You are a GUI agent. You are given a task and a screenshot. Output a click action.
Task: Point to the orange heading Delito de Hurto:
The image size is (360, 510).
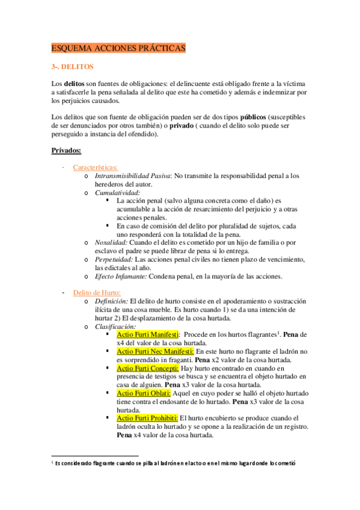[96, 292]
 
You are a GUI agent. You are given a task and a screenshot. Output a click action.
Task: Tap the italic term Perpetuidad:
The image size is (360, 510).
[115, 259]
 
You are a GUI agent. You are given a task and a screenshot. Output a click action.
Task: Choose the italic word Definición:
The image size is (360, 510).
[111, 301]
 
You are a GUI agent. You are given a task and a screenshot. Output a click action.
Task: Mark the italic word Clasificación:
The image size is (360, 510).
[116, 326]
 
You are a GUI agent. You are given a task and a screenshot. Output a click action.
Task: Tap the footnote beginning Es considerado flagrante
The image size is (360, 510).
[174, 463]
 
